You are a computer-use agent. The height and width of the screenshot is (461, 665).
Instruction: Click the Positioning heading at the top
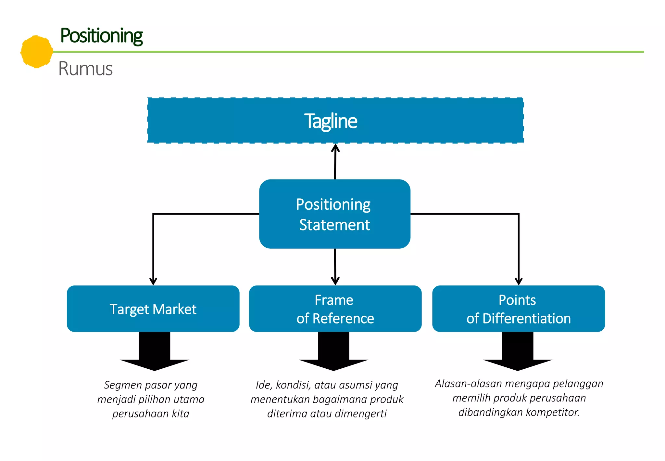coord(101,36)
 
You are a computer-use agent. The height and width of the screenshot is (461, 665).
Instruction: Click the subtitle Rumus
coord(85,69)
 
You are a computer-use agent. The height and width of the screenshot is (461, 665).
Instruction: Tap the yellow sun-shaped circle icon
coord(36,52)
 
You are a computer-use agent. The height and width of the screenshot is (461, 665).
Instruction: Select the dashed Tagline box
coord(335,121)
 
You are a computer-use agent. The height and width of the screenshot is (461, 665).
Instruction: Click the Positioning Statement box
coord(334,214)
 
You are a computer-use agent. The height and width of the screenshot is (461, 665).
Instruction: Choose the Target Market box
coord(153,309)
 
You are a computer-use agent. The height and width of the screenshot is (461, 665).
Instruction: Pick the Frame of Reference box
coord(335,309)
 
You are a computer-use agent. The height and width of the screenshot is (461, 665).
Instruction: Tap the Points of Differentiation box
coord(519,309)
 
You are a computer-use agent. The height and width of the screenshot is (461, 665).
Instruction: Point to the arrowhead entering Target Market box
coord(153,281)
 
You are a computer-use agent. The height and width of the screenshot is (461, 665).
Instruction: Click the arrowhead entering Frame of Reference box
coord(335,281)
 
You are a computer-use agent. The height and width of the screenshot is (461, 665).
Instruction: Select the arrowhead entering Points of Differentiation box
coord(519,281)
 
